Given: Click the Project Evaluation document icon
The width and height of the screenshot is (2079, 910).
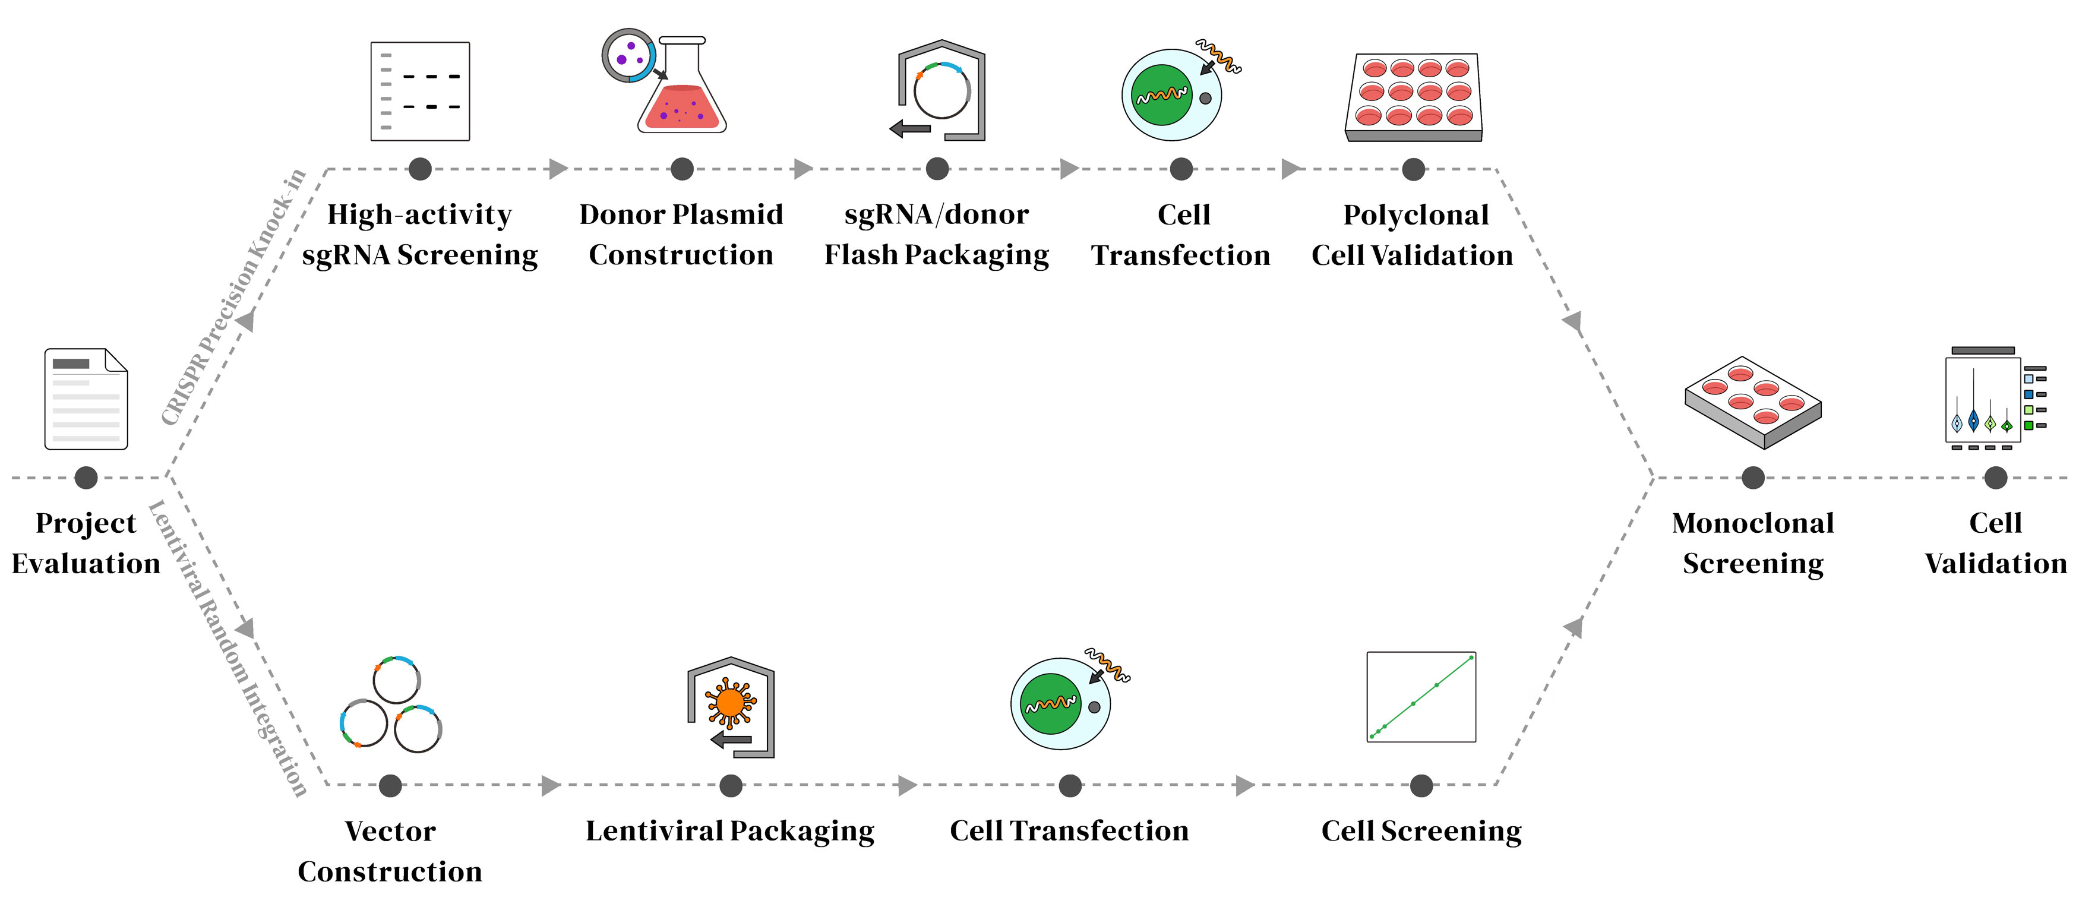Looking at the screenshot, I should (x=86, y=399).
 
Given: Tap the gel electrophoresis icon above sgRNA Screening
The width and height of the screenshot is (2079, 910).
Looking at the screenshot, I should (x=420, y=91).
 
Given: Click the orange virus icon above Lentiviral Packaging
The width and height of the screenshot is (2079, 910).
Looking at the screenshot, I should (x=729, y=703).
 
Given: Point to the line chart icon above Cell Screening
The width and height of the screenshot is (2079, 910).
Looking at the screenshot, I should (x=1421, y=697).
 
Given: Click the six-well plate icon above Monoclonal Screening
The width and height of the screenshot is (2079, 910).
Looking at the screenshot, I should (x=1752, y=402).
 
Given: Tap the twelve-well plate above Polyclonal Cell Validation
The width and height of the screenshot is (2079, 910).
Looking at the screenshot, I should (x=1414, y=97).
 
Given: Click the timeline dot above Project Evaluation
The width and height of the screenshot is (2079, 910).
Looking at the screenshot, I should (x=86, y=478).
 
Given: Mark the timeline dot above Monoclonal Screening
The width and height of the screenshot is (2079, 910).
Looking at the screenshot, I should (x=1753, y=478).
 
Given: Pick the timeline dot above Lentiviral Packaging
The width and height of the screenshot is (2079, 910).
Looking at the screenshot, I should (x=731, y=785).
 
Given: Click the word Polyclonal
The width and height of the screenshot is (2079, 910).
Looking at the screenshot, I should (x=1416, y=214).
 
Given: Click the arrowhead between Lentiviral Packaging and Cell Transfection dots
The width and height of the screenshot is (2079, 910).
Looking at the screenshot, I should (x=907, y=785).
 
